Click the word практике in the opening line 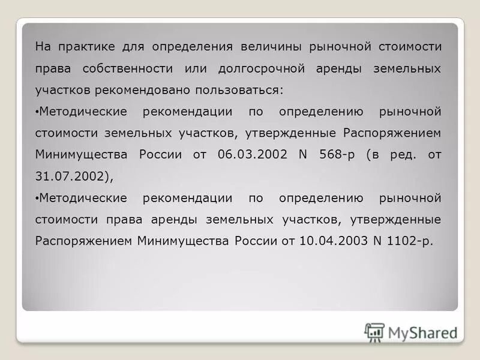[82, 47]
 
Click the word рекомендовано [152, 90]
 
